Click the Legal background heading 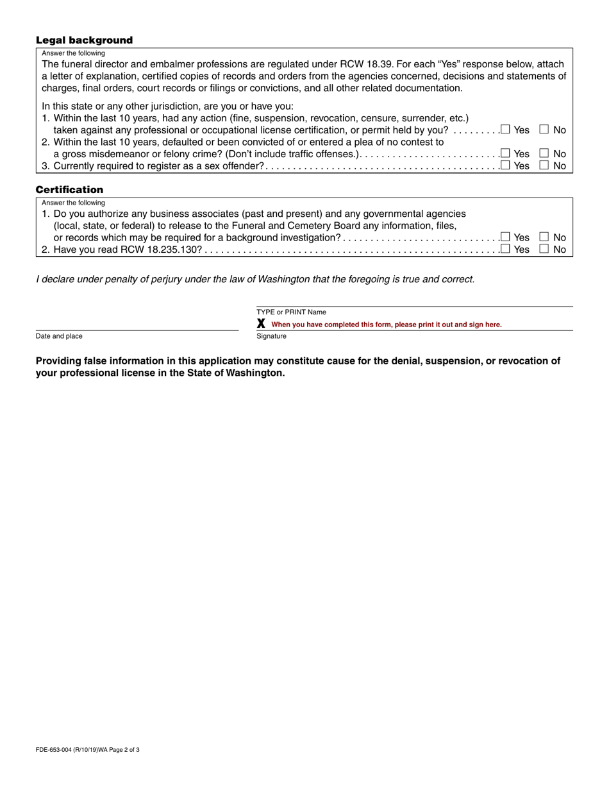click(84, 40)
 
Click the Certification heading click(69, 190)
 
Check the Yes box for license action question click(505, 130)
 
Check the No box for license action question click(544, 130)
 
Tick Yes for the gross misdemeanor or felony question click(505, 153)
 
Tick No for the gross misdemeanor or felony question click(544, 153)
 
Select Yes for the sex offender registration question click(505, 165)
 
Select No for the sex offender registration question click(544, 165)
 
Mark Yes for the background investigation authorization click(505, 237)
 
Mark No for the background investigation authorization click(544, 237)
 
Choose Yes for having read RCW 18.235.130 click(505, 250)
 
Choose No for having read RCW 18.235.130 click(544, 250)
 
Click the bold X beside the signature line click(261, 324)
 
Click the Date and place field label click(59, 336)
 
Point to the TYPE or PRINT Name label click(291, 312)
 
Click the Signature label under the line click(271, 336)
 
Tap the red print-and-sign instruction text click(387, 325)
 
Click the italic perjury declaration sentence click(255, 279)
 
